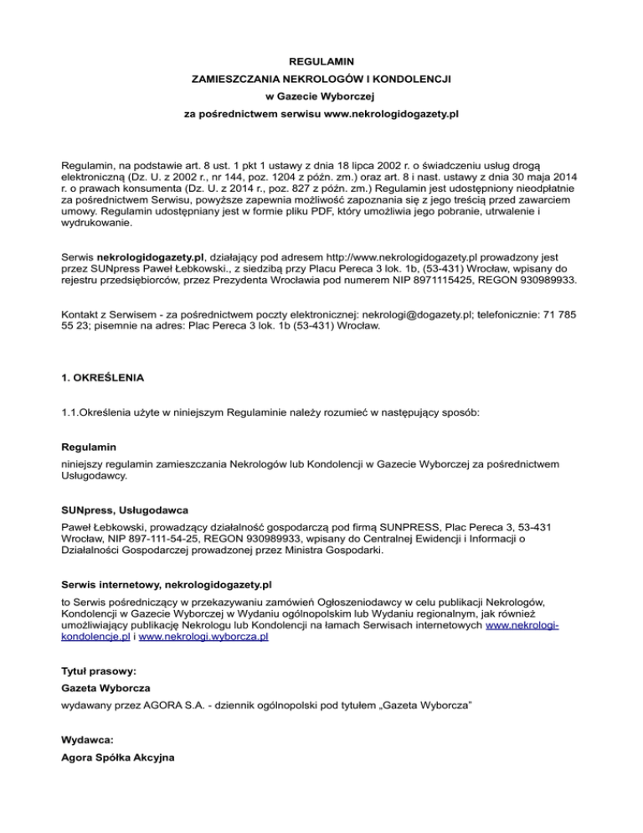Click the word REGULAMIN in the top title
click(x=321, y=61)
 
